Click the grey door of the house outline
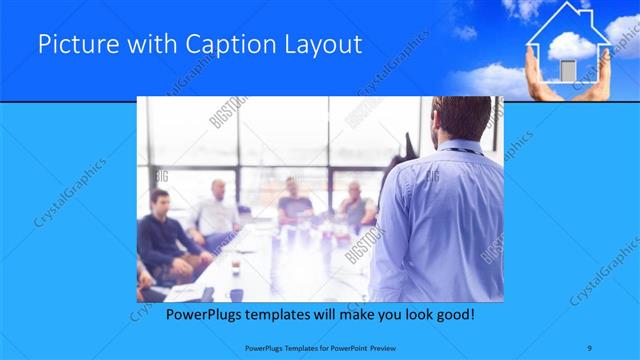coord(568,70)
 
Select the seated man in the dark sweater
coord(161,235)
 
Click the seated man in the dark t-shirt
coord(293,200)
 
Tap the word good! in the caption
coord(454,314)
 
